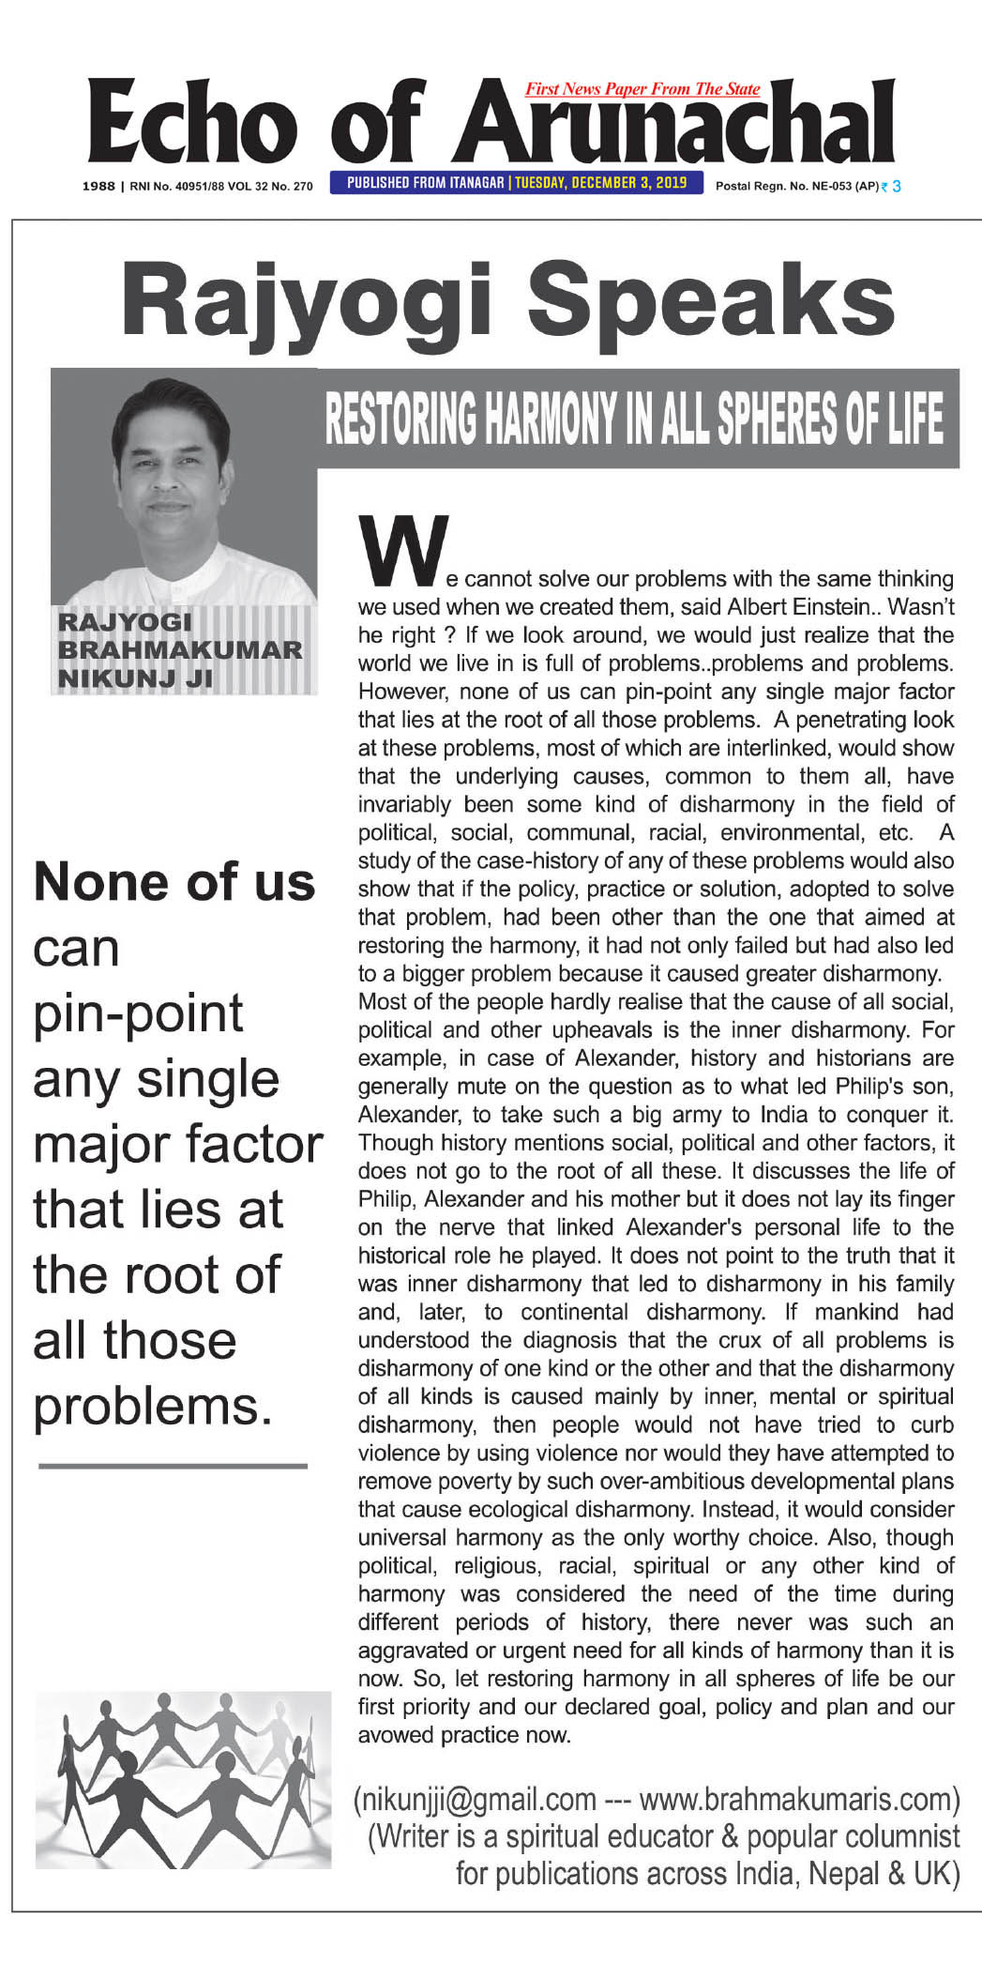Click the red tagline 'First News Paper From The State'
click(642, 89)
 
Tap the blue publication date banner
click(517, 183)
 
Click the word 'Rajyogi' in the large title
click(306, 301)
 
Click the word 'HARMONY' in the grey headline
click(556, 419)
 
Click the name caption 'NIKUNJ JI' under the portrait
click(135, 677)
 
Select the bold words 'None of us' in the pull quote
click(174, 882)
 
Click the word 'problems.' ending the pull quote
click(153, 1406)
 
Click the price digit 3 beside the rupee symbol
click(897, 186)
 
